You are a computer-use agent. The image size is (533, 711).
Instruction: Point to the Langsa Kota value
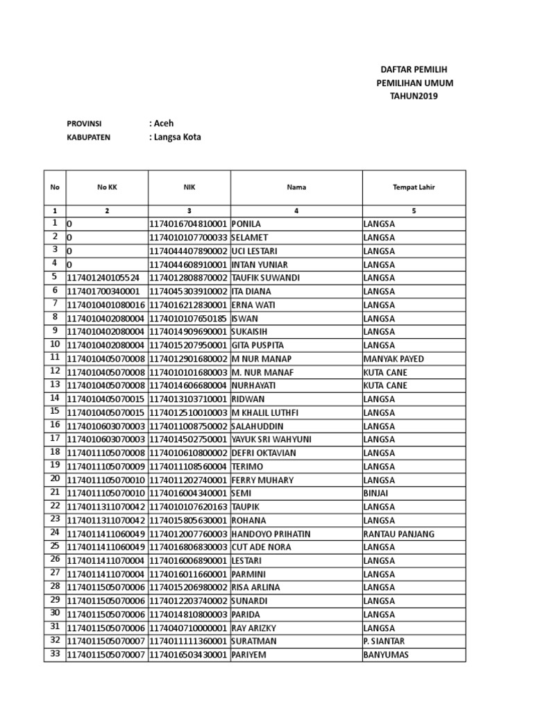click(x=175, y=137)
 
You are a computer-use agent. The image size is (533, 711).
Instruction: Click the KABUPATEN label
click(x=88, y=137)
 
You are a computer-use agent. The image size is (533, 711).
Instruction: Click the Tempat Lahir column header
click(x=414, y=187)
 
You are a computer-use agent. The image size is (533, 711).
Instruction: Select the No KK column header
click(x=105, y=187)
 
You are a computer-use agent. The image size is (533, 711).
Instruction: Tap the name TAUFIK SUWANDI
click(x=265, y=278)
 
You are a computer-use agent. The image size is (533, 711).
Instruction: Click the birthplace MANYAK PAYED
click(x=393, y=359)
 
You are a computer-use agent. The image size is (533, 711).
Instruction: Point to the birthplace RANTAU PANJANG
click(x=398, y=534)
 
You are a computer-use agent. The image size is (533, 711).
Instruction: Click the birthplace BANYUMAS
click(x=386, y=655)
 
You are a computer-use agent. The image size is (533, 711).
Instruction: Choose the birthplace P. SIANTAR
click(x=384, y=642)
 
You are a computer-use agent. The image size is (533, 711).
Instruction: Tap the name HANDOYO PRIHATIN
click(x=270, y=534)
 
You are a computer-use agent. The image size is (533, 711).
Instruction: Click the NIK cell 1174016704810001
click(x=188, y=224)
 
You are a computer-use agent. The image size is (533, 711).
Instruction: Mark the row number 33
click(x=54, y=654)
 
